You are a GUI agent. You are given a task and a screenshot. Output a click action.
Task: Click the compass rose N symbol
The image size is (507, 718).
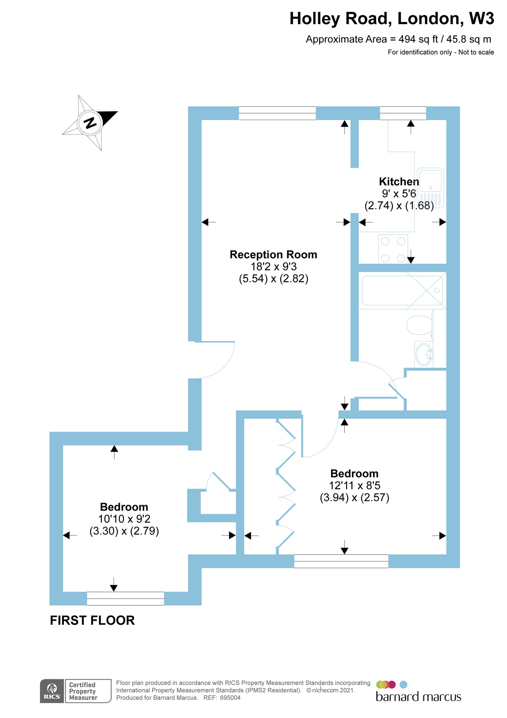coord(90,123)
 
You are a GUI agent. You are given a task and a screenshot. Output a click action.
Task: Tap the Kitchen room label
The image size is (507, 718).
coord(399,182)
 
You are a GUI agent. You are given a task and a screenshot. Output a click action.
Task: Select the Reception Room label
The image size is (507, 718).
coord(273,255)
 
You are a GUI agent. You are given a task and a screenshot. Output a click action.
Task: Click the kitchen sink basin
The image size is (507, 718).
coord(430,181)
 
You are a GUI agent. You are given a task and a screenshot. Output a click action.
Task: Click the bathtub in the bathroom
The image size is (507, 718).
coord(402,291)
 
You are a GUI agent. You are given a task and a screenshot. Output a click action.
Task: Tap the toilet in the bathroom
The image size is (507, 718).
coord(419,325)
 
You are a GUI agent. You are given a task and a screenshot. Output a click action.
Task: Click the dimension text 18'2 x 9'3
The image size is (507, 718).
coord(273,267)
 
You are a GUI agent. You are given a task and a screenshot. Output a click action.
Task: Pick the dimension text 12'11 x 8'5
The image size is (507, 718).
coord(354,486)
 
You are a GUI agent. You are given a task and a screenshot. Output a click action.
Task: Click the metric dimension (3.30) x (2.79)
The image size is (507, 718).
coord(124,531)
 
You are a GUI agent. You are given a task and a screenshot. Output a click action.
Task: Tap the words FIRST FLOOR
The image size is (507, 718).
coord(92,620)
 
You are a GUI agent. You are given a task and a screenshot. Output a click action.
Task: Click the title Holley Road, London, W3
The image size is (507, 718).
coord(392,19)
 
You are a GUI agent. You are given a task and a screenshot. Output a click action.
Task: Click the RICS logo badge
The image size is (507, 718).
coord(52,691)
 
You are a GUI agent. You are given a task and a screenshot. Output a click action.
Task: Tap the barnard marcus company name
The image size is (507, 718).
coord(418,697)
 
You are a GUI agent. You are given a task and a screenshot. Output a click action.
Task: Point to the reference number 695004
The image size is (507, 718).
coord(230,698)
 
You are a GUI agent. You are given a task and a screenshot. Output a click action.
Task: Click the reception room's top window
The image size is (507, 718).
coord(277,113)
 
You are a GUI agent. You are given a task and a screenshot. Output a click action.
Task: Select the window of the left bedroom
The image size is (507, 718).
coord(125,598)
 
